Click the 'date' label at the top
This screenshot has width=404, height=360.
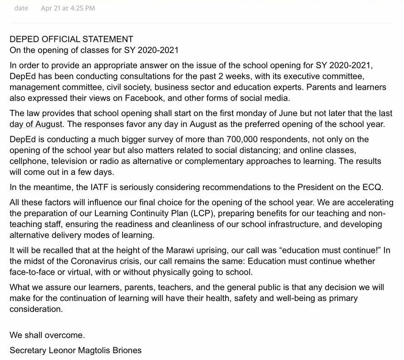pyautogui.click(x=21, y=8)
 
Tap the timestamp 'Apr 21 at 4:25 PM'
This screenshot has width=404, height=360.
pyautogui.click(x=68, y=8)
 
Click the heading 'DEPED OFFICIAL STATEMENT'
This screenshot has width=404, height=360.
pyautogui.click(x=71, y=39)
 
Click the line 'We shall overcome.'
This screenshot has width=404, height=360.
pyautogui.click(x=47, y=336)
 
